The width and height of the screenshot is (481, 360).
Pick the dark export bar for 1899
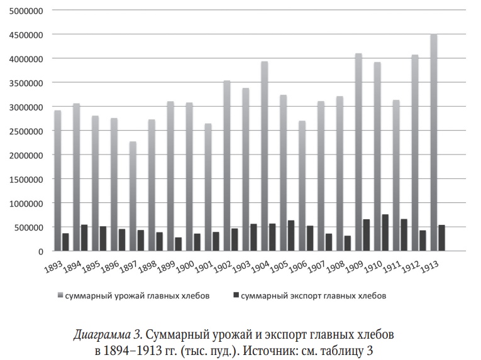pyautogui.click(x=178, y=244)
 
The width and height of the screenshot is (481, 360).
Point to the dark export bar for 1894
pyautogui.click(x=84, y=238)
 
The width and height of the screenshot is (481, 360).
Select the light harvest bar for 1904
pyautogui.click(x=265, y=156)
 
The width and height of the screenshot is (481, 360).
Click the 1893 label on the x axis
pyautogui.click(x=53, y=266)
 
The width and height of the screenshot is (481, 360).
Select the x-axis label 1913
pyautogui.click(x=429, y=266)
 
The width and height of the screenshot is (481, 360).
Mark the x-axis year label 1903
pyautogui.click(x=241, y=266)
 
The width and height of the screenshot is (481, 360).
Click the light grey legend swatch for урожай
pyautogui.click(x=60, y=295)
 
